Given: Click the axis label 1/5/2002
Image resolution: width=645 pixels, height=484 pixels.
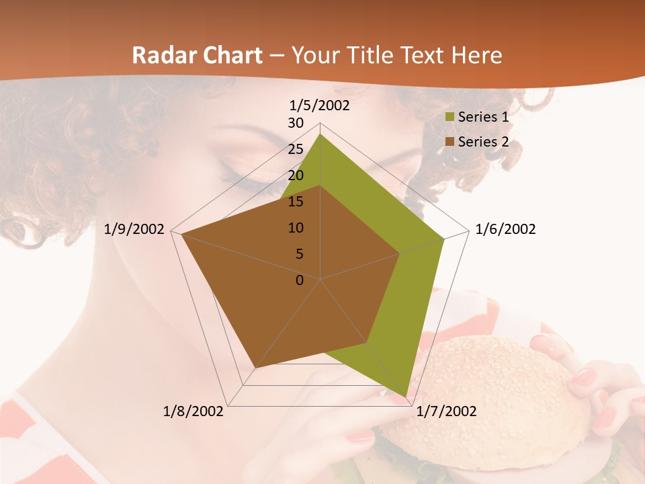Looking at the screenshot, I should click(x=320, y=106).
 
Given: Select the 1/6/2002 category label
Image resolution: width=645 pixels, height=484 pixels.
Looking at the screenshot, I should click(x=505, y=230).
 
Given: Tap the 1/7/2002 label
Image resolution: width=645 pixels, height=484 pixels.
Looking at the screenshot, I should click(x=446, y=411).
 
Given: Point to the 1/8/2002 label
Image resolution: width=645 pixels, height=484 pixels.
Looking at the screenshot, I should click(x=193, y=411).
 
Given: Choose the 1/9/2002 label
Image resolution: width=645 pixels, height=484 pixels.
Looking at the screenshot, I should click(x=134, y=230).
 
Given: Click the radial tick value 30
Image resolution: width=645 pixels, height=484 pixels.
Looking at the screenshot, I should click(x=296, y=123).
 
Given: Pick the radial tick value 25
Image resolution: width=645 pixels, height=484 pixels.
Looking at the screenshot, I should click(x=296, y=149).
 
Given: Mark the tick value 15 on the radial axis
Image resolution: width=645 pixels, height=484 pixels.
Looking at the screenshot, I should click(x=296, y=202).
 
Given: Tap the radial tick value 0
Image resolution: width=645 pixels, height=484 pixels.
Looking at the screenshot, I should click(x=300, y=280).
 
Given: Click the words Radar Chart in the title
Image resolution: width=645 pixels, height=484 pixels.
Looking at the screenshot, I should click(x=197, y=56).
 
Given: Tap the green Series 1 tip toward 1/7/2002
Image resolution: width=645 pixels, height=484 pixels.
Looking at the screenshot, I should click(x=406, y=397).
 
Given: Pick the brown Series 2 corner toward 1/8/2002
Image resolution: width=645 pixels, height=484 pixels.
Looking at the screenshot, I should click(x=255, y=367).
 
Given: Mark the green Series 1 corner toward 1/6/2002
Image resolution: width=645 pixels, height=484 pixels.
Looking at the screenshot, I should click(x=443, y=239).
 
